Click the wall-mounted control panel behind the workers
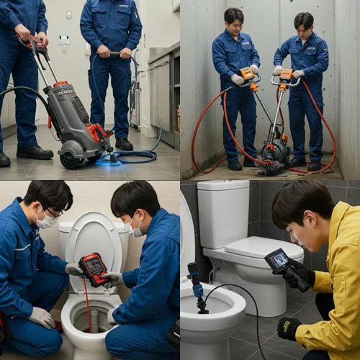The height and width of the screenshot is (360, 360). pyautogui.click(x=64, y=40)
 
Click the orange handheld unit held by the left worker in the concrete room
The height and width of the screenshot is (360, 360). pyautogui.click(x=247, y=73)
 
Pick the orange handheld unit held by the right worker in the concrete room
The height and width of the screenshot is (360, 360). pyautogui.click(x=286, y=75)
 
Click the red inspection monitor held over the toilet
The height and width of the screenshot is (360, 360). pyautogui.click(x=94, y=268)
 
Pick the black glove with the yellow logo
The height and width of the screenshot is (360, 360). pyautogui.click(x=289, y=328)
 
